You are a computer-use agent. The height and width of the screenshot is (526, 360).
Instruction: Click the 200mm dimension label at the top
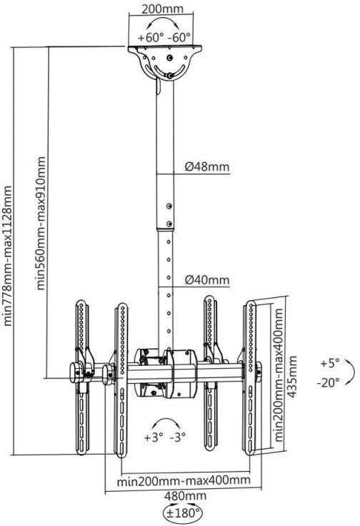point(163,9)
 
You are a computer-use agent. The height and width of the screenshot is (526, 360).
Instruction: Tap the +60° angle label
point(150,37)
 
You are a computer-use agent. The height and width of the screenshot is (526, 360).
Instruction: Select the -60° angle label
point(179,37)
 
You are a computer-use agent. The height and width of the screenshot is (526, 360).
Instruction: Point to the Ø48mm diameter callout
point(207,167)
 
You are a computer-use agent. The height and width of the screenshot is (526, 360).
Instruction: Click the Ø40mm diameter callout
point(207,279)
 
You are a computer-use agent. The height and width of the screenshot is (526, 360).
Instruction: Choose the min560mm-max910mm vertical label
point(41,223)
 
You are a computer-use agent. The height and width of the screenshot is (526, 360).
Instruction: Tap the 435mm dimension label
point(292,377)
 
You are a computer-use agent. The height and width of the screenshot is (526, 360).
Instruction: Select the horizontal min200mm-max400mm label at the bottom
point(184,481)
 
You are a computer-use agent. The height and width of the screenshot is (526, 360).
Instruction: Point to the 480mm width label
point(186,495)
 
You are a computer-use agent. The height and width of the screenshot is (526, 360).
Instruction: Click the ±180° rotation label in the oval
point(183,513)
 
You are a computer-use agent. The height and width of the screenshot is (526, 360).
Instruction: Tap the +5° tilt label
point(330,363)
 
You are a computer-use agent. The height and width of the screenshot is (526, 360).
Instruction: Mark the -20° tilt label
point(328,382)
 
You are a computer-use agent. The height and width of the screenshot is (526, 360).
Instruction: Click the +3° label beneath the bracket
point(154,437)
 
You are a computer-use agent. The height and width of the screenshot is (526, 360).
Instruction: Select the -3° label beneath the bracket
point(178,437)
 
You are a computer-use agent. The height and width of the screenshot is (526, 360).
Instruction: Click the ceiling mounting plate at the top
point(165,48)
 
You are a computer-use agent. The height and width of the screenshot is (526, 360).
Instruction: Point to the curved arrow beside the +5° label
point(354,372)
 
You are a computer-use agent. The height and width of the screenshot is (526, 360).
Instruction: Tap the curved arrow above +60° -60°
point(164,19)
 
